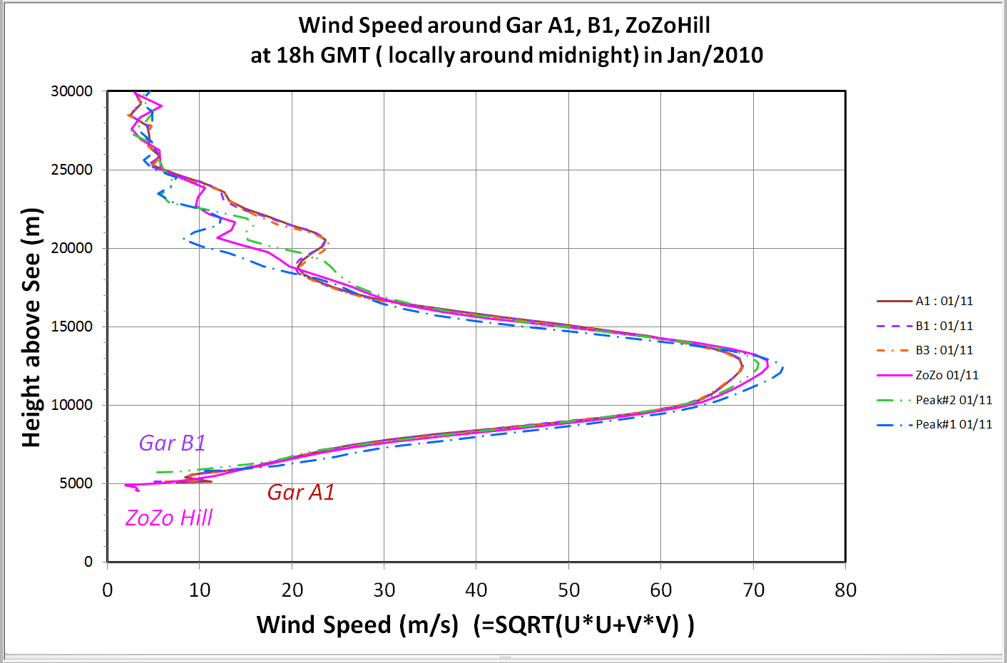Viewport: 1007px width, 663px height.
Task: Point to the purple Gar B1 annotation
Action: pos(172,443)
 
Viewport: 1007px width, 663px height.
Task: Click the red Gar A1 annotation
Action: pos(300,493)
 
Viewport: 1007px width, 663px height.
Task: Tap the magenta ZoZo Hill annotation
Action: pos(169,518)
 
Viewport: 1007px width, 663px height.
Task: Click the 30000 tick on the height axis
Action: pos(72,91)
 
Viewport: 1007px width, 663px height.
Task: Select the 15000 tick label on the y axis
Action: pos(72,327)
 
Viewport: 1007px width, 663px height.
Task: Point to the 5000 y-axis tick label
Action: pos(76,483)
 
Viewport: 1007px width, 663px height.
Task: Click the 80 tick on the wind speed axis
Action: pos(845,590)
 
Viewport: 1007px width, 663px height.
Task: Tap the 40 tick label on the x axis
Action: pos(476,590)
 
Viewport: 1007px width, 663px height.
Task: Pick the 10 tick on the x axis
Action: pos(200,590)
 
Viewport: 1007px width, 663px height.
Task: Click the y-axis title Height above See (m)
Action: pos(31,327)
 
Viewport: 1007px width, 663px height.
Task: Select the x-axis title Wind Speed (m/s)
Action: pos(357,625)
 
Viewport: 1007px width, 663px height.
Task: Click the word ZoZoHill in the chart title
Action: pos(668,26)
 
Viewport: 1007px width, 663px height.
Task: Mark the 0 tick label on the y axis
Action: pos(88,562)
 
